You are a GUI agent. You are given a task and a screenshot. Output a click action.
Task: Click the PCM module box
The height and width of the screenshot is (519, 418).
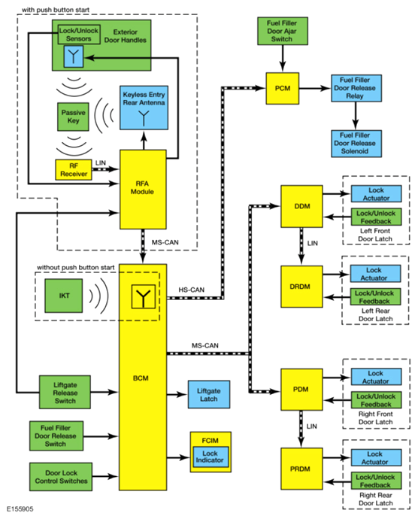[x=283, y=88]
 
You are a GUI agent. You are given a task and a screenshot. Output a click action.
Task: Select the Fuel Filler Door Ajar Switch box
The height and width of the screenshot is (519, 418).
[x=283, y=31]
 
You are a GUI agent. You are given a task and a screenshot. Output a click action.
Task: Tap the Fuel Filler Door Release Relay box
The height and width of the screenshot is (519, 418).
[x=356, y=88]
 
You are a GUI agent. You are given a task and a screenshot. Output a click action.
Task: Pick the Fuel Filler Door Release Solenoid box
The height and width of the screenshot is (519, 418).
[x=356, y=144]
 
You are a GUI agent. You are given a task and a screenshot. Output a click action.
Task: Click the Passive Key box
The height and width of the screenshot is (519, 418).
[x=73, y=117]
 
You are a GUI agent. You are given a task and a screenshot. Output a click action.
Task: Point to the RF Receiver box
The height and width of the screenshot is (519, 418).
[x=74, y=170]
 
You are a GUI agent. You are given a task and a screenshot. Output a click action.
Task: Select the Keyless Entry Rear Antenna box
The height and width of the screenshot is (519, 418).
[x=144, y=108]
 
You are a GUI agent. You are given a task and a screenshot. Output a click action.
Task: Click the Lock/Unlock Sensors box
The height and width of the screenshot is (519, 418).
[x=79, y=35]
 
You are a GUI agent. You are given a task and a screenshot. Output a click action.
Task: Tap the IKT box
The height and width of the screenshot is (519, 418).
[x=64, y=296]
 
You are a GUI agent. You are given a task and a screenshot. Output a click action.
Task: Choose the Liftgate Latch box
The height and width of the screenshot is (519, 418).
[x=209, y=394]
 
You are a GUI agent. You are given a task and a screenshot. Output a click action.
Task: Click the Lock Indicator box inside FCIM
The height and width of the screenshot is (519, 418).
[x=211, y=457]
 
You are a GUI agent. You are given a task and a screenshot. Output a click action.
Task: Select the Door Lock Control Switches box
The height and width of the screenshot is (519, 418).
[x=61, y=477]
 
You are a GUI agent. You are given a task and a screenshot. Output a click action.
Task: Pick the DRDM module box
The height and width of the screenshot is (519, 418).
[x=301, y=287]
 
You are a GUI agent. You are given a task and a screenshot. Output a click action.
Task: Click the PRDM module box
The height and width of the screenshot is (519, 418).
[x=301, y=469]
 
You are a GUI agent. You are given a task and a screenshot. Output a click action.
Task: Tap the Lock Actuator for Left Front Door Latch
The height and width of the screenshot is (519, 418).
[x=376, y=193]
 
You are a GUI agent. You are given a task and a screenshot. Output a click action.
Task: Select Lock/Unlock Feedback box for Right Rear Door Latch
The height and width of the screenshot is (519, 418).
[x=376, y=481]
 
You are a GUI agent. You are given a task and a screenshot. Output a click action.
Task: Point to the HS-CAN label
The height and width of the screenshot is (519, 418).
[x=191, y=290]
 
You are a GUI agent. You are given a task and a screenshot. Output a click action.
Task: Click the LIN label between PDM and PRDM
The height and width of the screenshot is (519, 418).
[x=312, y=426]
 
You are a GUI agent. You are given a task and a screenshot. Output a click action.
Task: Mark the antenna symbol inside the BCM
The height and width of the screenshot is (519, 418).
[x=144, y=296]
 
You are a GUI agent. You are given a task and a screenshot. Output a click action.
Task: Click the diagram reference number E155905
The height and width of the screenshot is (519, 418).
[x=20, y=508]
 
